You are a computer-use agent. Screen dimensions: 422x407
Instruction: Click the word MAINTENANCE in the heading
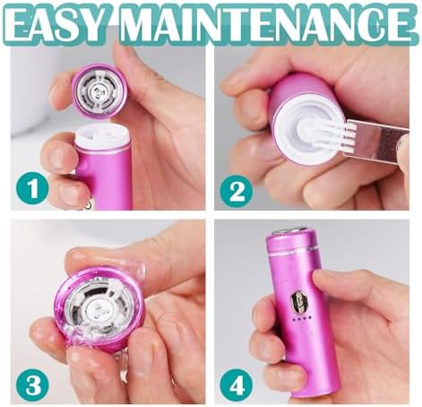click(x=267, y=24)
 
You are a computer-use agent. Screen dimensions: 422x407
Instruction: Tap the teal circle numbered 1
click(x=32, y=189)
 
